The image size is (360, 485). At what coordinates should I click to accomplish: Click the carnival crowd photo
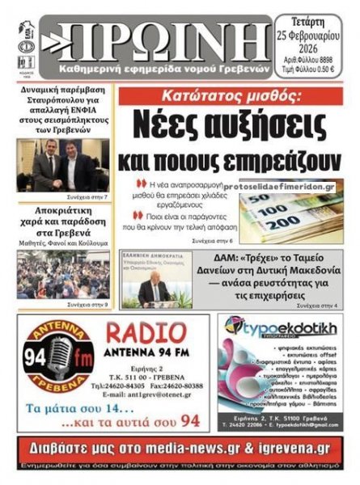pos(62,274)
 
